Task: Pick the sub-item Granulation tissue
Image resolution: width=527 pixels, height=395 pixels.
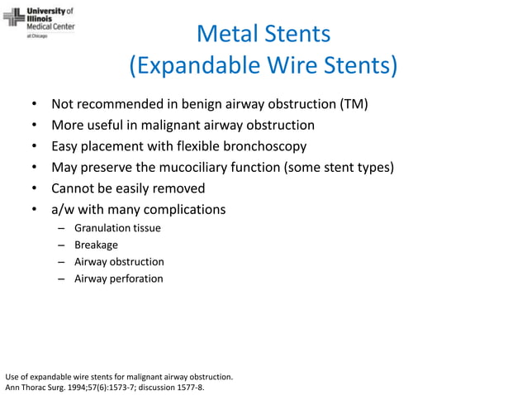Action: click(117, 228)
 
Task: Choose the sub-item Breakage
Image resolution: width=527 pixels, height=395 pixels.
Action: click(96, 245)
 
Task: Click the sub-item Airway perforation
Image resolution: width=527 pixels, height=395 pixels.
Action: click(119, 278)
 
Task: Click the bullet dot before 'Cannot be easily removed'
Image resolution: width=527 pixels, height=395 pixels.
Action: click(34, 189)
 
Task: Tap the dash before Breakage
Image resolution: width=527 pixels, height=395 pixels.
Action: click(62, 245)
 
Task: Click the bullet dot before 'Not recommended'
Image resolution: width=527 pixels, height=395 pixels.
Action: click(34, 105)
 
